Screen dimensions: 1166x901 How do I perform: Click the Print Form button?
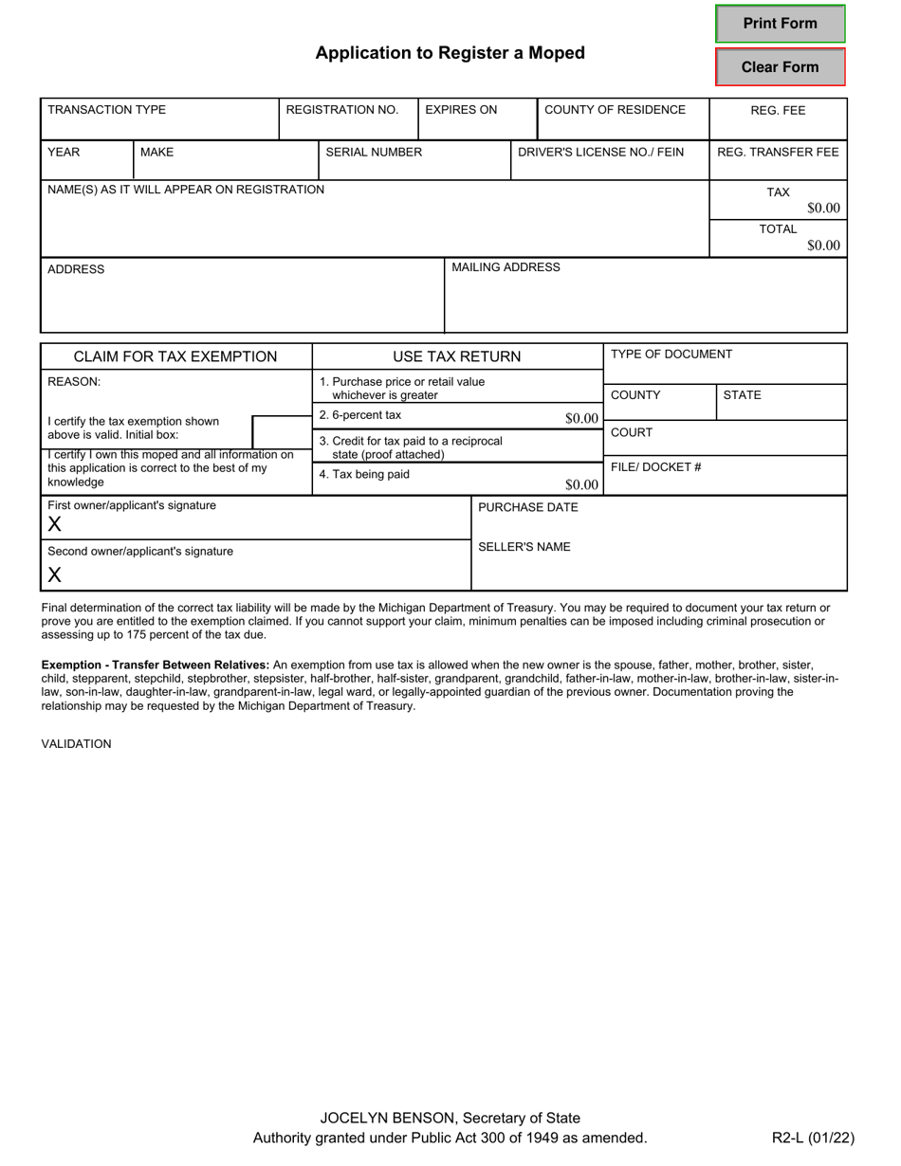pyautogui.click(x=780, y=24)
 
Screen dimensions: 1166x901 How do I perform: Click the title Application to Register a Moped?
pyautogui.click(x=450, y=53)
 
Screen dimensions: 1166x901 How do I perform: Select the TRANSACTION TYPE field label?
pyautogui.click(x=106, y=110)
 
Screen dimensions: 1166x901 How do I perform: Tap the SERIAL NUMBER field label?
pyautogui.click(x=374, y=152)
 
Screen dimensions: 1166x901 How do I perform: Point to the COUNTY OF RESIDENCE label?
pyautogui.click(x=615, y=110)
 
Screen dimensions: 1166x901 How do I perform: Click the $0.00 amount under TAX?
pyautogui.click(x=823, y=209)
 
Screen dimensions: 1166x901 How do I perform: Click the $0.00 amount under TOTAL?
pyautogui.click(x=823, y=246)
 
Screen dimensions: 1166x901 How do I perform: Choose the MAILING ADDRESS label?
pyautogui.click(x=506, y=267)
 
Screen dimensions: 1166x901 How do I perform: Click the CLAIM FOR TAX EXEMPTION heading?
pyautogui.click(x=175, y=356)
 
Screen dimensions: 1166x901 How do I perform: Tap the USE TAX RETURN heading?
pyautogui.click(x=457, y=356)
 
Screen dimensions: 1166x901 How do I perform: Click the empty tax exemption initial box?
pyautogui.click(x=282, y=431)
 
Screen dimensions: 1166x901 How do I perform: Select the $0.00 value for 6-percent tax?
pyautogui.click(x=581, y=418)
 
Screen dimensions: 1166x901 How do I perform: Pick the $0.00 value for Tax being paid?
pyautogui.click(x=581, y=485)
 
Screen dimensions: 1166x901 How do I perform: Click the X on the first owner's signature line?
pyautogui.click(x=55, y=525)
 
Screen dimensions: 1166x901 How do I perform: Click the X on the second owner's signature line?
pyautogui.click(x=55, y=574)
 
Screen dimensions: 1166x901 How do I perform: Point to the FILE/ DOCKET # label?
pyautogui.click(x=655, y=467)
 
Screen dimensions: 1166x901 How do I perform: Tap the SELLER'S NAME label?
pyautogui.click(x=524, y=547)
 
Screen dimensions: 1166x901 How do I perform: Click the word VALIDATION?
pyautogui.click(x=76, y=744)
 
